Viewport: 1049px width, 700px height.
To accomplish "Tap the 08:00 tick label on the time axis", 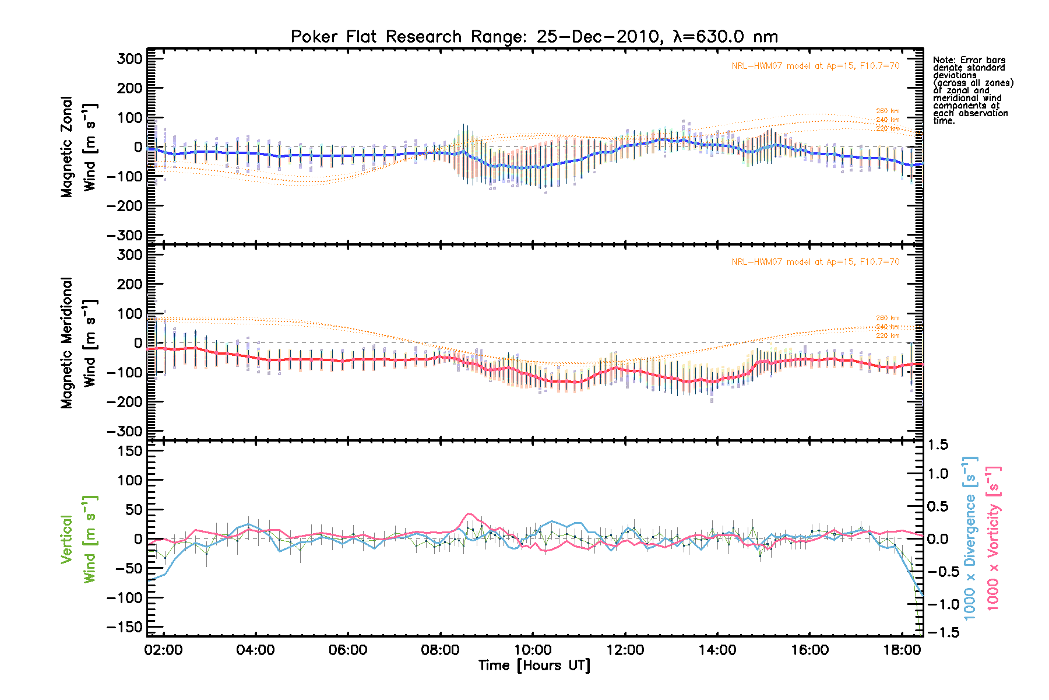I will click(440, 650).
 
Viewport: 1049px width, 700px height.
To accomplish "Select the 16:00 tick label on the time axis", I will click(809, 650).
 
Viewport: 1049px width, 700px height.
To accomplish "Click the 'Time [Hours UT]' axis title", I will click(534, 666).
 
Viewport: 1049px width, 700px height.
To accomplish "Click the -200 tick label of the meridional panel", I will click(124, 402).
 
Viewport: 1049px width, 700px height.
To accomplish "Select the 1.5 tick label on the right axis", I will click(938, 445).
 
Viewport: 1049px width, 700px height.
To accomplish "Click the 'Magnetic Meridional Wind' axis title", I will click(79, 343).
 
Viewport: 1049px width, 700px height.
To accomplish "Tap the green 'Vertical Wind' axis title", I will click(79, 539).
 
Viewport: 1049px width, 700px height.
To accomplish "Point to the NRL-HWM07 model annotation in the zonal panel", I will click(815, 66).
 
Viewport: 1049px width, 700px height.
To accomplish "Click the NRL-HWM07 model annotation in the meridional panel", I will click(815, 262).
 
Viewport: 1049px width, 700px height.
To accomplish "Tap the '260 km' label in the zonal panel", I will click(888, 111).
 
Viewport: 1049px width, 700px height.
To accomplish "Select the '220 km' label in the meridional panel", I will click(888, 335).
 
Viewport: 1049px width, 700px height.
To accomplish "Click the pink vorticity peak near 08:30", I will click(468, 514).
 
